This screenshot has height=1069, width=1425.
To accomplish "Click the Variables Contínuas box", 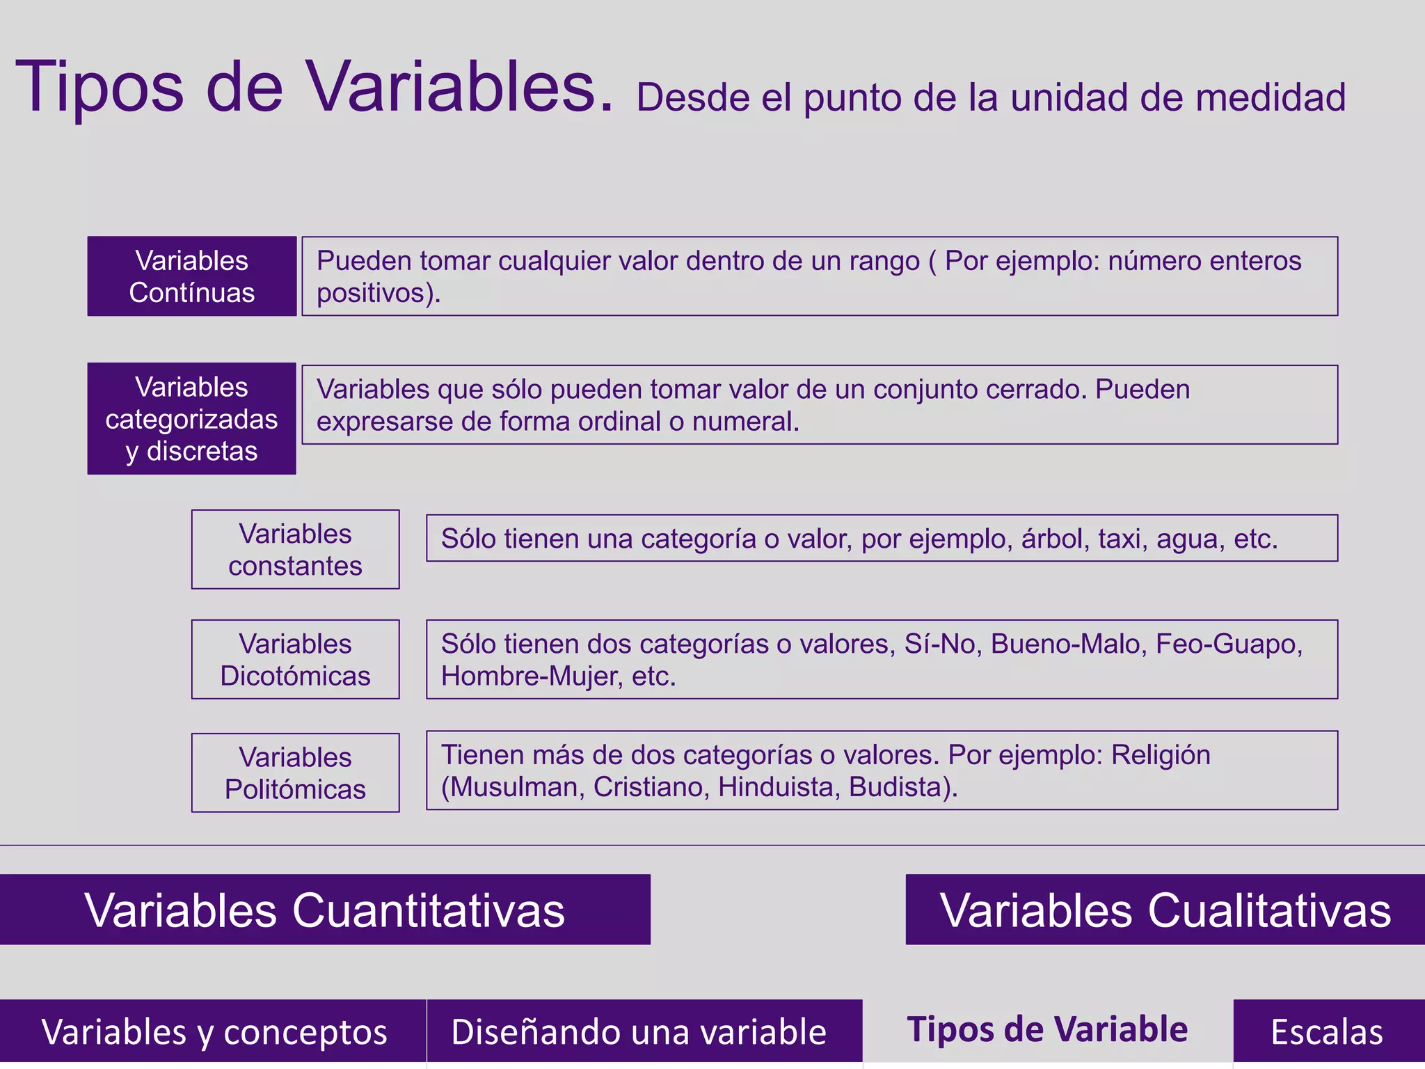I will coord(191,276).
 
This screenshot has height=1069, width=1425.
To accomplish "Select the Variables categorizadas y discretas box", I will coord(191,418).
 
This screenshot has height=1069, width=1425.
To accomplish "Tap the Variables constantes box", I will coord(295,549).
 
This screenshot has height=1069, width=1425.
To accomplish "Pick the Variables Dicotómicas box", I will coord(295,659).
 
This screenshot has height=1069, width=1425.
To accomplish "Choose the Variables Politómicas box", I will coord(295,773).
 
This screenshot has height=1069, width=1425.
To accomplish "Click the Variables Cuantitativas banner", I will coord(325,910).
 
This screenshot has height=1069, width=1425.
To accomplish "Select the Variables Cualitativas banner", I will coord(1165,910).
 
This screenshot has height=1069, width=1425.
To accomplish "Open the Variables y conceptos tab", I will coord(213,1031).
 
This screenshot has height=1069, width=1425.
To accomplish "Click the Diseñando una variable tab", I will coord(639,1031).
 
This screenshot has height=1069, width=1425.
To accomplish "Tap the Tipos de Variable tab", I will coord(1047,1029).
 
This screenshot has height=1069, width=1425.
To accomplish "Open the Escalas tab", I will coord(1327,1031).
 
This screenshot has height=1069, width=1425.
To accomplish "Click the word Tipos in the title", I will coord(99,88).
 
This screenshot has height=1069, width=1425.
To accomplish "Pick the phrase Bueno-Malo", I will coord(1068,644).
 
